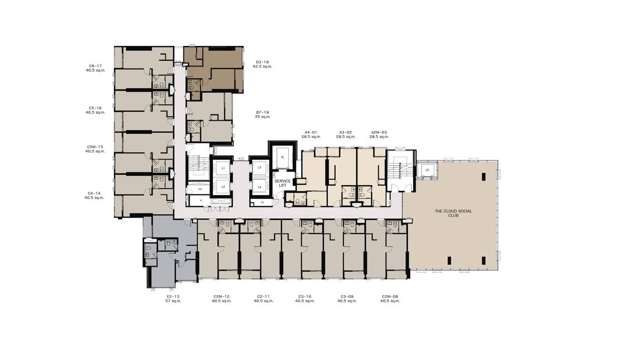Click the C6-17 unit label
click(95, 66)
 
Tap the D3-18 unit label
click(262, 62)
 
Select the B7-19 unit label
click(262, 112)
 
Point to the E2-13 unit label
click(172, 296)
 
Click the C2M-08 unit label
click(390, 296)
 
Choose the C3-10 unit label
click(305, 296)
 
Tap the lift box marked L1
click(223, 169)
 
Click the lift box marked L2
click(223, 187)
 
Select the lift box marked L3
click(259, 168)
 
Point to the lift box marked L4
click(259, 187)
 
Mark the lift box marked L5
click(427, 170)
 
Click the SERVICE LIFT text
click(282, 184)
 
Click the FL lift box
click(282, 157)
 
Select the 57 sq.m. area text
click(172, 301)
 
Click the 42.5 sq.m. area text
click(262, 67)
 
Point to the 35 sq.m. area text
click(262, 117)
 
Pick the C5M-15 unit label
click(95, 147)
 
